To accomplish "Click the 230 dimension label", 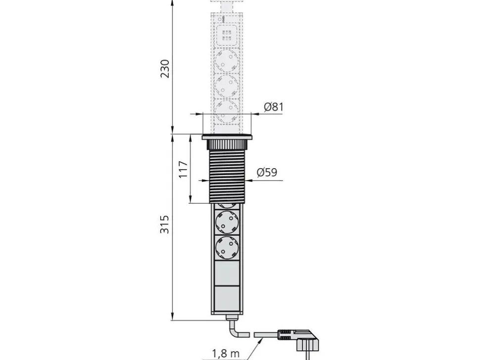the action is click(x=165, y=69).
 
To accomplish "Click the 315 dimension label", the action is click(x=165, y=225).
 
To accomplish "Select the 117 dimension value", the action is click(x=183, y=170).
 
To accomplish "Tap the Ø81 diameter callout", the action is click(x=274, y=107).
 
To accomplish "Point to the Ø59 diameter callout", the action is click(x=267, y=173).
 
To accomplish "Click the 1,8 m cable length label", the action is click(x=226, y=354).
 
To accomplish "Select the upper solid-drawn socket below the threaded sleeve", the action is click(x=227, y=222).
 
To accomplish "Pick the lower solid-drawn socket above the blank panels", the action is click(x=227, y=248).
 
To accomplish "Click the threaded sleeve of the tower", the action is click(x=227, y=176).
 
